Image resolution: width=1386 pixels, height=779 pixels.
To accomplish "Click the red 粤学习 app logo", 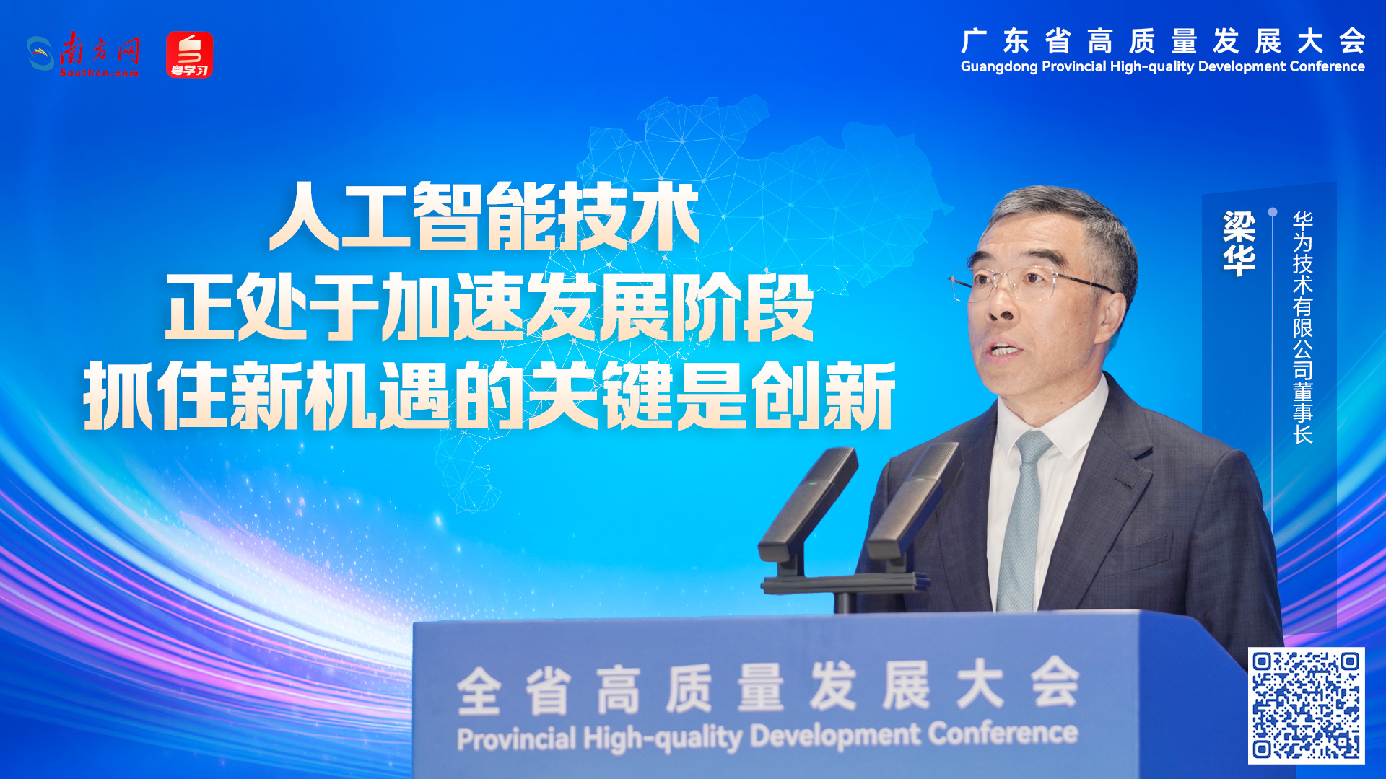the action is coord(189,54).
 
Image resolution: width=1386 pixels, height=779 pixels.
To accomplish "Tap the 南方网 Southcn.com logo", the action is coord(84,54).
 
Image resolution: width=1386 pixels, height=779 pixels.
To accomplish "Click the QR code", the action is coord(1306,705).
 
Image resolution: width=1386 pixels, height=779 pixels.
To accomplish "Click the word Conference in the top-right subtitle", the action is coord(1327,66).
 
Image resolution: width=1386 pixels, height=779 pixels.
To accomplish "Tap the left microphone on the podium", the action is coord(807,505).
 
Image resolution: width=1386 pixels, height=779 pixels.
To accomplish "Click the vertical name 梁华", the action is coord(1239,243).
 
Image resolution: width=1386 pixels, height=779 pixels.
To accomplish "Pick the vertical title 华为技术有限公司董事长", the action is coord(1302,327).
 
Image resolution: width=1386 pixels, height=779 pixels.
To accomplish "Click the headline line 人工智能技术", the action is coord(484,216).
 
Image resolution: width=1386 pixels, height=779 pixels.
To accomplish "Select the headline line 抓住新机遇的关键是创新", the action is coord(489,396).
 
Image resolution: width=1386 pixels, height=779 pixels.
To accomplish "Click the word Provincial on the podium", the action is coord(517,739).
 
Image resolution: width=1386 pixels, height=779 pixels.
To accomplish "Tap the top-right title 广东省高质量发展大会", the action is coord(1163,41).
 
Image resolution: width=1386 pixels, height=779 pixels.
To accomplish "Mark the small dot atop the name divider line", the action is coord(1273,212).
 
